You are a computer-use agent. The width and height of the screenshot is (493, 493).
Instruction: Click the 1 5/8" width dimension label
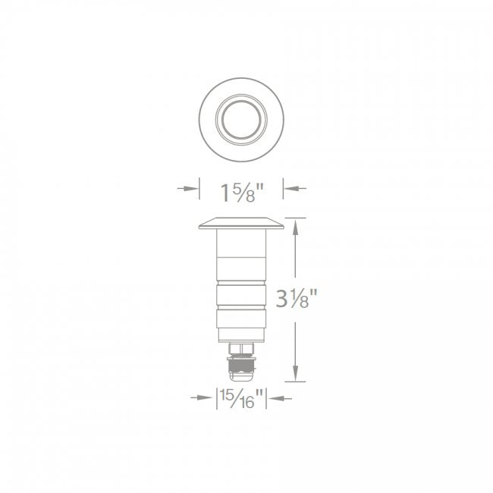click(241, 190)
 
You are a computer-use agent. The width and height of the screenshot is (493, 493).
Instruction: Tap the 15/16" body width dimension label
click(240, 397)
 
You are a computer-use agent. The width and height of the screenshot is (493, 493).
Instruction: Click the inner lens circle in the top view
click(240, 118)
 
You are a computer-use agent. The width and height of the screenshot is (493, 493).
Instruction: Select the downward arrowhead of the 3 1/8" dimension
click(295, 376)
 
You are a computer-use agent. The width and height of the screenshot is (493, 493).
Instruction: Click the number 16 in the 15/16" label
click(248, 401)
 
